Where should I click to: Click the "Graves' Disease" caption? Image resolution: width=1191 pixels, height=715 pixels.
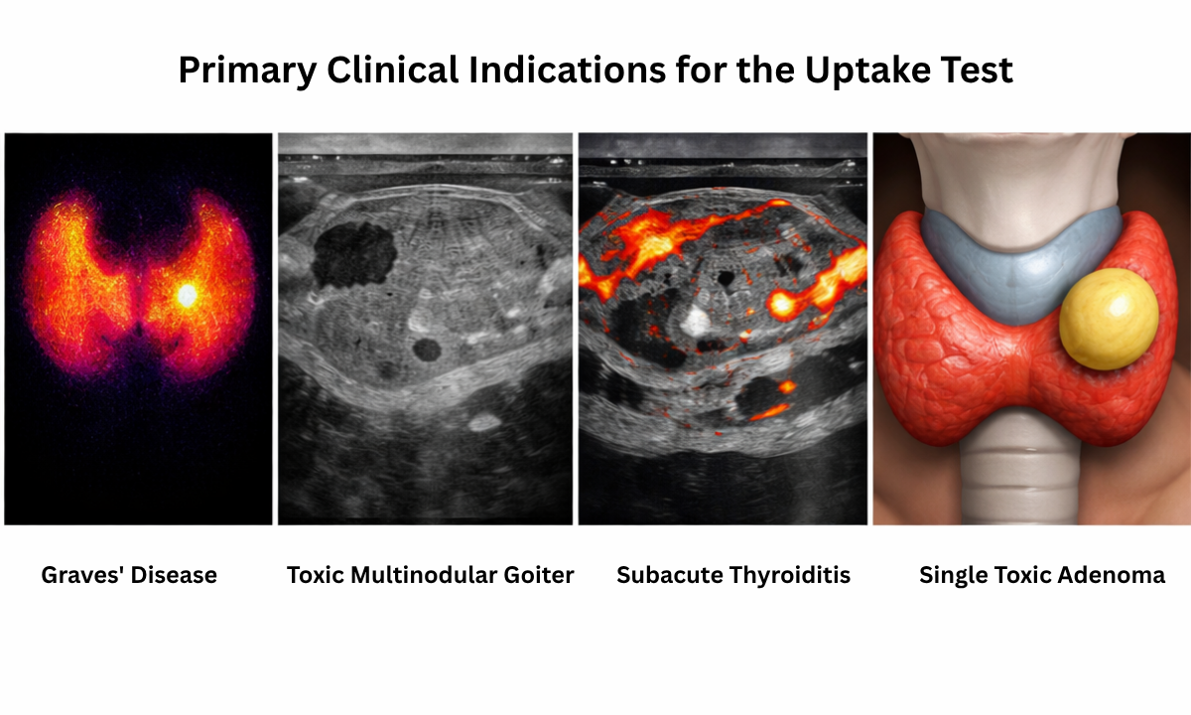tap(129, 575)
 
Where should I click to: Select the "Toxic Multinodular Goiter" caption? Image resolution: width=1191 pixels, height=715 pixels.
tap(430, 575)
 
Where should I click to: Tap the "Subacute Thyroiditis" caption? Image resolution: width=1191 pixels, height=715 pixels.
tap(733, 575)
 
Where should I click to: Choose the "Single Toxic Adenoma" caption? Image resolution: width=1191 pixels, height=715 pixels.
tap(1042, 575)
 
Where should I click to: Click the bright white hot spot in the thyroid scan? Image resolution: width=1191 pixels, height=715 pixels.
tap(187, 295)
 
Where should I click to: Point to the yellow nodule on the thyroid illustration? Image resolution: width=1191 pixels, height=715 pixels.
tap(1109, 320)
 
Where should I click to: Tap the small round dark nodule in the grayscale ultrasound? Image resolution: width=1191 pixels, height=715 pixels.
tap(427, 349)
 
